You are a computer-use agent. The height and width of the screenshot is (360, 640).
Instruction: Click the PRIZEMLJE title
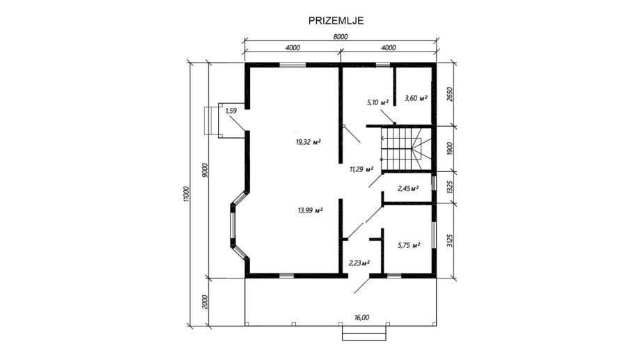click(x=336, y=21)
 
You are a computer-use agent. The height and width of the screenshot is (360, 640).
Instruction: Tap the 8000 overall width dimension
click(x=341, y=37)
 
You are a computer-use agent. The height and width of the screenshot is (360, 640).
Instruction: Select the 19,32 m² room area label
click(x=309, y=142)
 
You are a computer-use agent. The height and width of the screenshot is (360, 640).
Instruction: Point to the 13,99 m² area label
click(x=310, y=210)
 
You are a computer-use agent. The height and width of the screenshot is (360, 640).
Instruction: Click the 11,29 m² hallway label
click(x=361, y=169)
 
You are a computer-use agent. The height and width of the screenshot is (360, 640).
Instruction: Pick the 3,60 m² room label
click(x=416, y=98)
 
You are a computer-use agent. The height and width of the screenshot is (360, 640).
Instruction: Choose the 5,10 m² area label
click(x=377, y=102)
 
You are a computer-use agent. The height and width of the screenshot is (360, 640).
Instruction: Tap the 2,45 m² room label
click(x=408, y=188)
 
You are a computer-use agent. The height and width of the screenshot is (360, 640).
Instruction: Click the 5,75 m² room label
click(x=409, y=245)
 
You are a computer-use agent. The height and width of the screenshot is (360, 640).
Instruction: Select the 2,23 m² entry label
click(x=359, y=263)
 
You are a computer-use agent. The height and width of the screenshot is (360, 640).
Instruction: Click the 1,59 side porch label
click(x=231, y=110)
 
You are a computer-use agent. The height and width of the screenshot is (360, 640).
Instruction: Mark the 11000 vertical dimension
click(x=187, y=194)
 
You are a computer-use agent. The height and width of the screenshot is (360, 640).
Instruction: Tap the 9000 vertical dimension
click(x=205, y=170)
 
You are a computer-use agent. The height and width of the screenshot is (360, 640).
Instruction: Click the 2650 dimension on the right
click(x=450, y=94)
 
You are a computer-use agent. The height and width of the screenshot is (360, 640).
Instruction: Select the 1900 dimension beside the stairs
click(x=450, y=148)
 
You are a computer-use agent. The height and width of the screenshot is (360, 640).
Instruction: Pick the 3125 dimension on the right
click(x=450, y=240)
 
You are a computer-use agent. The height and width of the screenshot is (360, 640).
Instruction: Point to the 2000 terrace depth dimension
click(x=205, y=302)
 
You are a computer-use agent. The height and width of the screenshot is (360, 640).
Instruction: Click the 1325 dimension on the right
click(x=450, y=187)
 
